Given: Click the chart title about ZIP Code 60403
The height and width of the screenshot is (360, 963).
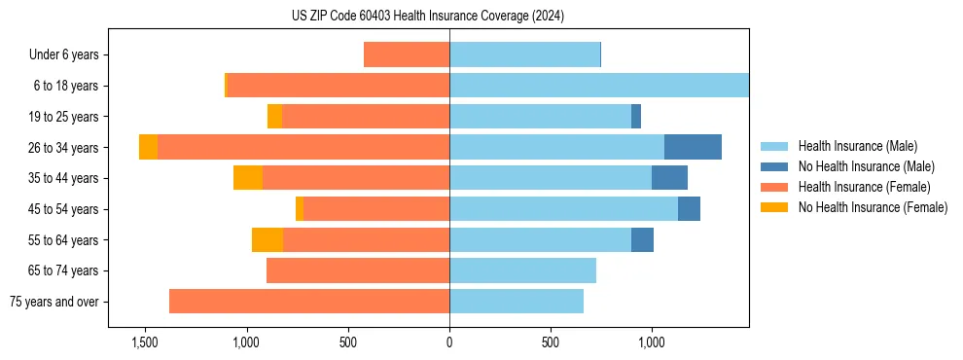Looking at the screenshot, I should click(x=428, y=16).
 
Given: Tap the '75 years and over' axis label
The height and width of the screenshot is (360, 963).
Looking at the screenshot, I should click(x=54, y=302).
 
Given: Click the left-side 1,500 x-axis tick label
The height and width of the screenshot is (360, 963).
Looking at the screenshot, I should click(x=144, y=342).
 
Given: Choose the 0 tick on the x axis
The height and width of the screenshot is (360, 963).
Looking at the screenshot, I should click(x=449, y=342).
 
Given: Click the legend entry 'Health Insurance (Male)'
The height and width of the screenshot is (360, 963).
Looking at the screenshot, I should click(x=857, y=146).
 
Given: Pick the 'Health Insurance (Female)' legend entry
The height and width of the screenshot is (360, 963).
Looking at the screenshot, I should click(x=864, y=187).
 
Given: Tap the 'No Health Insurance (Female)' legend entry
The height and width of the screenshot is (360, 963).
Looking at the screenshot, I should click(x=873, y=207).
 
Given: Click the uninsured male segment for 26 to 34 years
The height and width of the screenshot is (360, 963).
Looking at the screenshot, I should click(x=693, y=147).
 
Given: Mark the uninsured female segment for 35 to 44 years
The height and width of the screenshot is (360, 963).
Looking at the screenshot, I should click(x=248, y=178).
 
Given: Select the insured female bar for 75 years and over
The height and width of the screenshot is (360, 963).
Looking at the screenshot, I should click(x=309, y=302).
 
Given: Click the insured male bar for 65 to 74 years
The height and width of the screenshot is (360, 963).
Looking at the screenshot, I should click(x=522, y=270).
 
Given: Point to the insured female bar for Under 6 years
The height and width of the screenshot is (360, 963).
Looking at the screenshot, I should click(x=407, y=54).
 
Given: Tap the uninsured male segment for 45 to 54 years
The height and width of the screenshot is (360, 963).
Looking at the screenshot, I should click(x=689, y=209).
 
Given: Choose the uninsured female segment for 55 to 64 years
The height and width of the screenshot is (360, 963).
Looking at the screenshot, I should click(x=267, y=239).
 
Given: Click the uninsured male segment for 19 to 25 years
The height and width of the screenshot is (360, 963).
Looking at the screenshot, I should click(x=636, y=117).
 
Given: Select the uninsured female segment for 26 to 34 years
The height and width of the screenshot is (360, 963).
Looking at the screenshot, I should click(x=148, y=147).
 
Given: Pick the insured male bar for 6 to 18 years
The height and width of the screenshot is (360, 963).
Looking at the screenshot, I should click(x=598, y=86).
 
